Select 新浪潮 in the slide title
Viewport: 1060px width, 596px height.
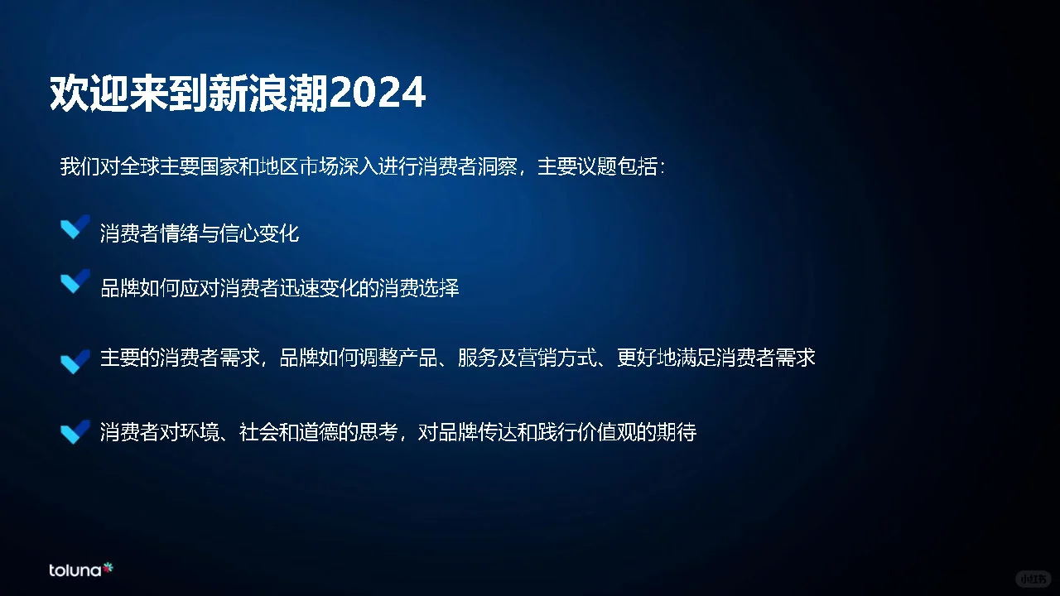point(271,94)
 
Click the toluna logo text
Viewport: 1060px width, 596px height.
point(75,570)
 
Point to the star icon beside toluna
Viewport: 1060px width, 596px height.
point(108,568)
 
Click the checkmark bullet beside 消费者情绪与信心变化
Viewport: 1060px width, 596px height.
point(75,228)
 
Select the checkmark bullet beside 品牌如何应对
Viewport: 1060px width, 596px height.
point(75,282)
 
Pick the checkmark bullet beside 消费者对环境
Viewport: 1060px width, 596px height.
point(75,431)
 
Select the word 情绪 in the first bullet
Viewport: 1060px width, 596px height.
point(180,233)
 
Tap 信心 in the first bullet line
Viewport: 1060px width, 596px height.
point(239,233)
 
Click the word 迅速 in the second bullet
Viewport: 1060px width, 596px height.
point(299,288)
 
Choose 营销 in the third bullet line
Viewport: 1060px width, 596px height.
point(537,358)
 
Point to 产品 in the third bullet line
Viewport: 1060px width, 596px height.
point(418,358)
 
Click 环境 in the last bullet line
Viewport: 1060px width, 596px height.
point(200,432)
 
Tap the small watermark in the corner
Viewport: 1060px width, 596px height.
point(1033,577)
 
